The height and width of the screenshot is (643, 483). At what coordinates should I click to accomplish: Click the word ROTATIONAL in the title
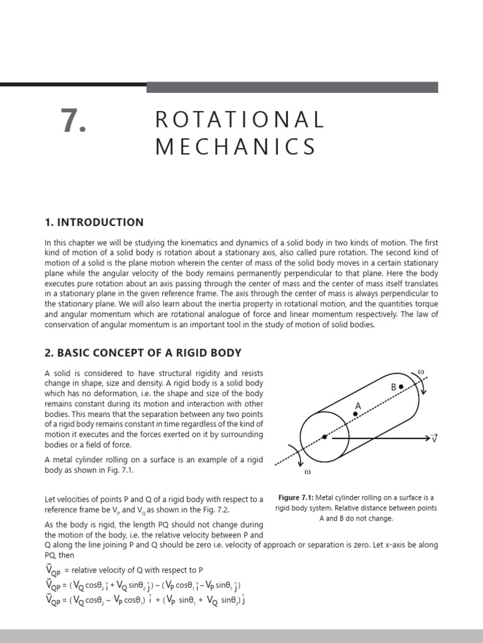coord(240,119)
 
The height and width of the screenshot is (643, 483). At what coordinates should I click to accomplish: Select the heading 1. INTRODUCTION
coord(94,222)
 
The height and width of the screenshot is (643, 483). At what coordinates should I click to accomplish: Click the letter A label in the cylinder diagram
coord(358,406)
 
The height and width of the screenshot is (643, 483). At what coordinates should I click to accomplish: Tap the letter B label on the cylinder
coord(394,387)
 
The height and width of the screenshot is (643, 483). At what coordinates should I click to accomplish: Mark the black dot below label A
coord(355,414)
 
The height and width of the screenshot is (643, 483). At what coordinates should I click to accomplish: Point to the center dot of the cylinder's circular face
coord(325,436)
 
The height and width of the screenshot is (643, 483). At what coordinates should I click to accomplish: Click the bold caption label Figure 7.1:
coord(298,498)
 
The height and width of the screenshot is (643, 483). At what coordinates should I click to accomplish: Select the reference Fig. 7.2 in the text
coord(204,510)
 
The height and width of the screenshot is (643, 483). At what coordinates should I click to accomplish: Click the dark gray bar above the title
coord(292,87)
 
